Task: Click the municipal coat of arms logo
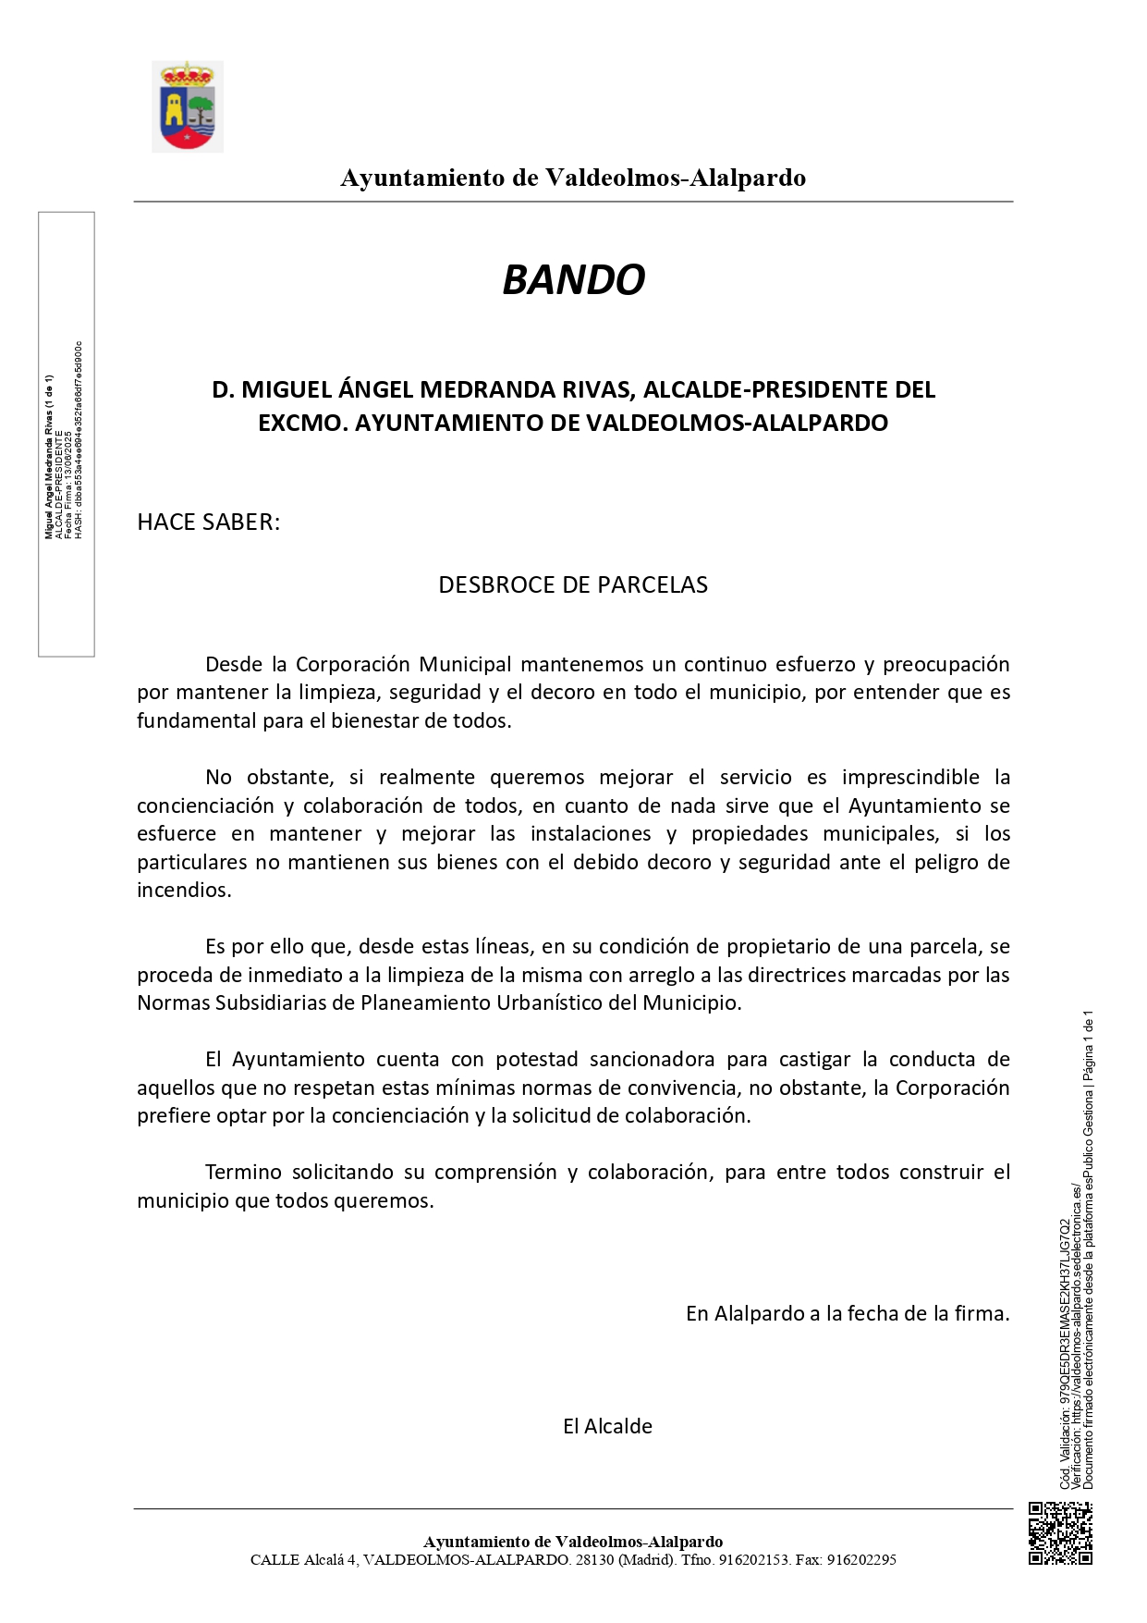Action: pyautogui.click(x=188, y=106)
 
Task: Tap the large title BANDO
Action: pyautogui.click(x=573, y=279)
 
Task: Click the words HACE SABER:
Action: pyautogui.click(x=208, y=523)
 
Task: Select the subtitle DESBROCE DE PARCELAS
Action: pyautogui.click(x=573, y=585)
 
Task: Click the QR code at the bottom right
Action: pyautogui.click(x=1060, y=1533)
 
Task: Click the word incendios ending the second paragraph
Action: pyautogui.click(x=183, y=891)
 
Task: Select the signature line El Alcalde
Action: pyautogui.click(x=607, y=1427)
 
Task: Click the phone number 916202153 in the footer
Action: pyautogui.click(x=753, y=1560)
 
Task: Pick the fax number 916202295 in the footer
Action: pyautogui.click(x=861, y=1560)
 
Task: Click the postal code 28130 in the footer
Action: pyautogui.click(x=593, y=1560)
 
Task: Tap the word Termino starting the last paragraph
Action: pyautogui.click(x=242, y=1173)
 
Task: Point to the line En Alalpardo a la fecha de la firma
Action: pyautogui.click(x=847, y=1314)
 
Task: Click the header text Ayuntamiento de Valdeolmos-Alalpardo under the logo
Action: pyautogui.click(x=573, y=178)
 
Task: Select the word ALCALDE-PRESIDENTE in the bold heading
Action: pyautogui.click(x=751, y=390)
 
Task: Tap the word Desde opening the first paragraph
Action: pyautogui.click(x=234, y=665)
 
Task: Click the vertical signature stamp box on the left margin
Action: pyautogui.click(x=66, y=435)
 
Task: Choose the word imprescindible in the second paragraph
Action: pyautogui.click(x=910, y=778)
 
